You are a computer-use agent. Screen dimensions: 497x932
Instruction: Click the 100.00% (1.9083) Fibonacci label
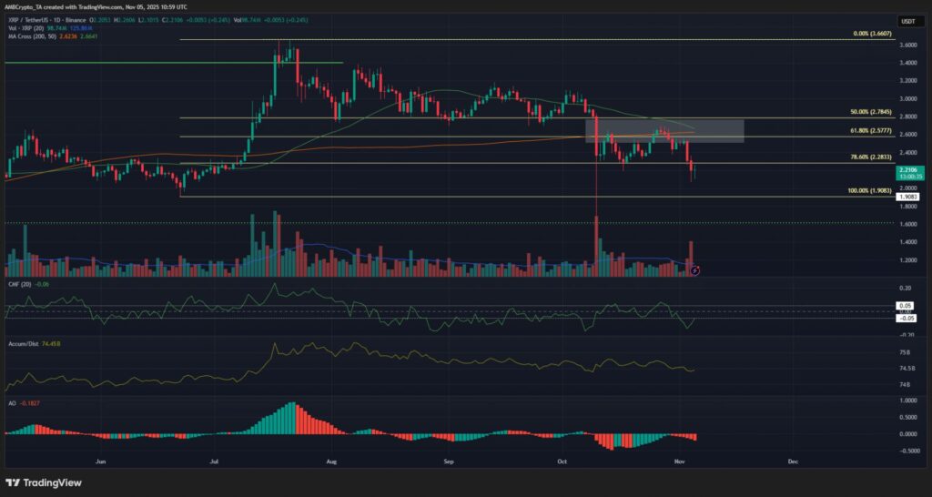pyautogui.click(x=869, y=190)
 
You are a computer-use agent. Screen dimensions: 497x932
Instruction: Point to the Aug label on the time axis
pyautogui.click(x=331, y=462)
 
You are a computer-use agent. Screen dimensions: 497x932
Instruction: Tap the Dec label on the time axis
pyautogui.click(x=793, y=462)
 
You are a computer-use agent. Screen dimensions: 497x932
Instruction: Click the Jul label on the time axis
pyautogui.click(x=215, y=462)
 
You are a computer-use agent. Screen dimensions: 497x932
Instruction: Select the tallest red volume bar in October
pyautogui.click(x=596, y=246)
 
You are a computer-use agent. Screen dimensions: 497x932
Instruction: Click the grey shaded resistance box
pyautogui.click(x=664, y=130)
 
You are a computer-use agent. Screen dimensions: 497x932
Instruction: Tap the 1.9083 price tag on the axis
pyautogui.click(x=908, y=196)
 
